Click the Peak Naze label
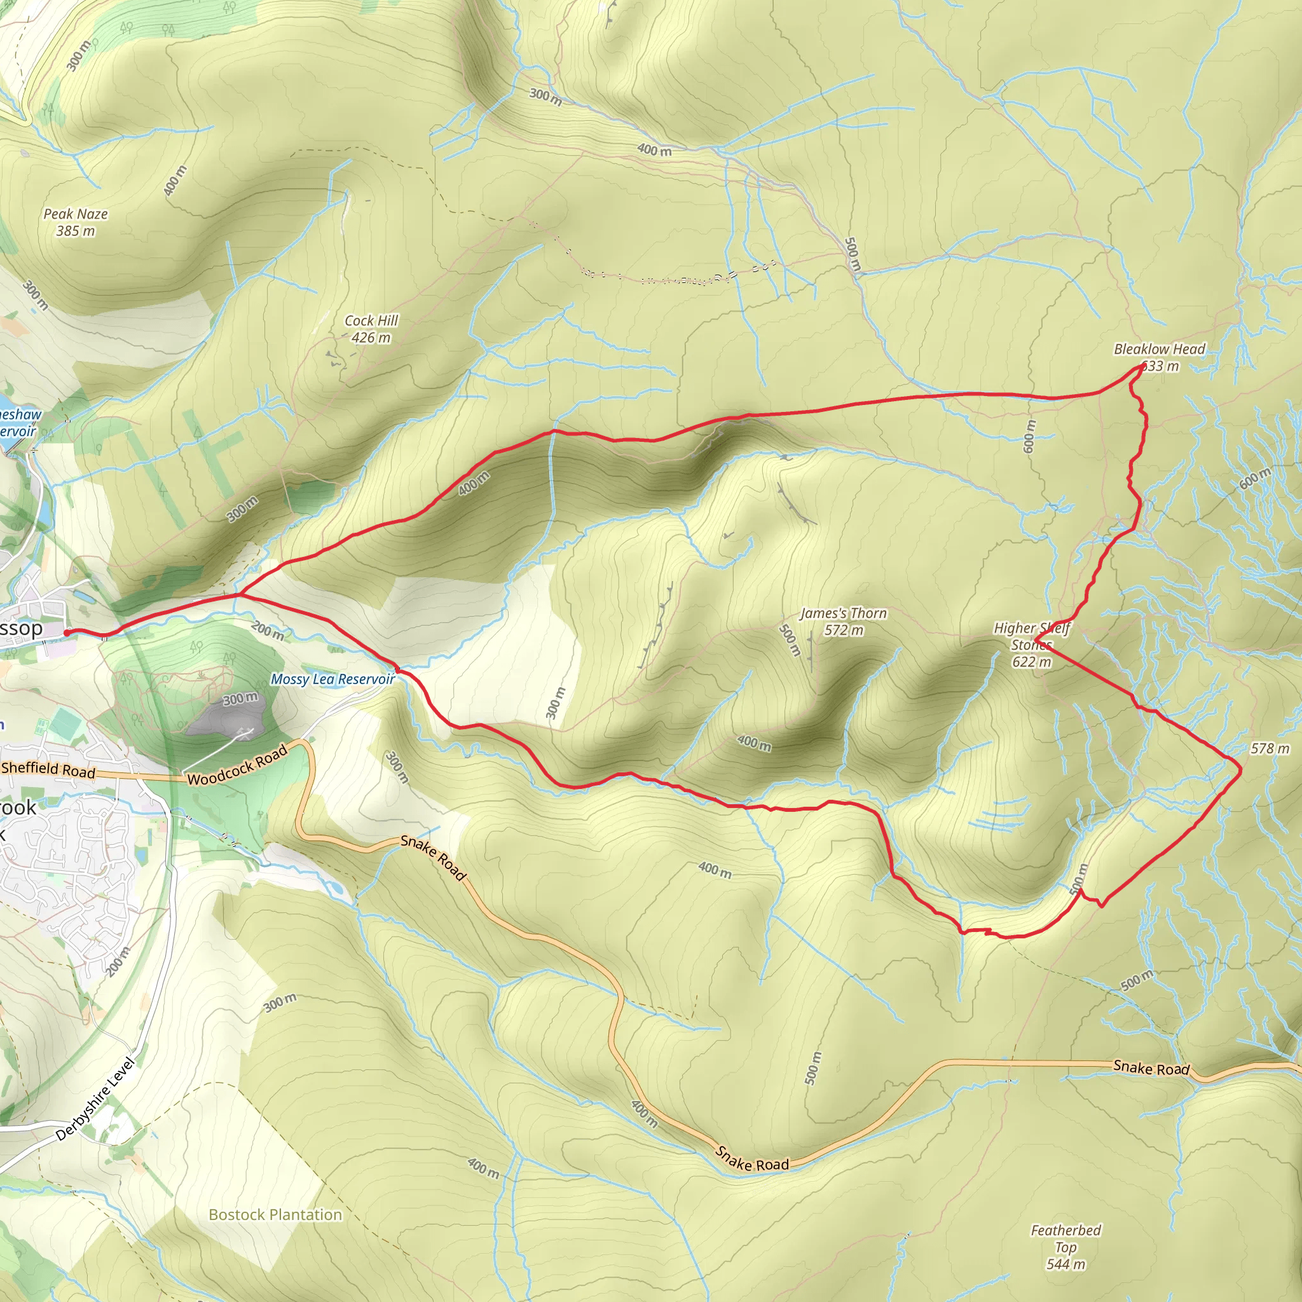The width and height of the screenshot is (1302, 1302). pyautogui.click(x=76, y=214)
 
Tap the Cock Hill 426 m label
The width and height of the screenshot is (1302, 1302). pyautogui.click(x=371, y=329)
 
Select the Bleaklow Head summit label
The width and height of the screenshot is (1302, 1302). pyautogui.click(x=1159, y=349)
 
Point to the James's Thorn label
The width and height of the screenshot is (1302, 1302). pyautogui.click(x=843, y=613)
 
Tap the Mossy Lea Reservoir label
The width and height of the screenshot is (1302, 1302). pyautogui.click(x=332, y=680)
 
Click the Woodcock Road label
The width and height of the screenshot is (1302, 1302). pyautogui.click(x=237, y=765)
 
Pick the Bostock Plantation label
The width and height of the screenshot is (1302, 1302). pyautogui.click(x=275, y=1214)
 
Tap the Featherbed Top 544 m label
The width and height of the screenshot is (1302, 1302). pyautogui.click(x=1066, y=1247)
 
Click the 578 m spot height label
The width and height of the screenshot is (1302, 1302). pyautogui.click(x=1270, y=749)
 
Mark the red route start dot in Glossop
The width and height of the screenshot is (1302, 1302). pyautogui.click(x=67, y=632)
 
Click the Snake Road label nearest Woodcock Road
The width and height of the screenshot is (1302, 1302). pyautogui.click(x=433, y=857)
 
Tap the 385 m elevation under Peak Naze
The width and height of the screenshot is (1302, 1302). pyautogui.click(x=76, y=231)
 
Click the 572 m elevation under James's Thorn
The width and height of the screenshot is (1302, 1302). pyautogui.click(x=843, y=631)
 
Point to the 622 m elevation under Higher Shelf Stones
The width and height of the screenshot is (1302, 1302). pyautogui.click(x=1031, y=662)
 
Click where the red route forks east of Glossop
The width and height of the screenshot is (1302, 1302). pyautogui.click(x=239, y=594)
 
